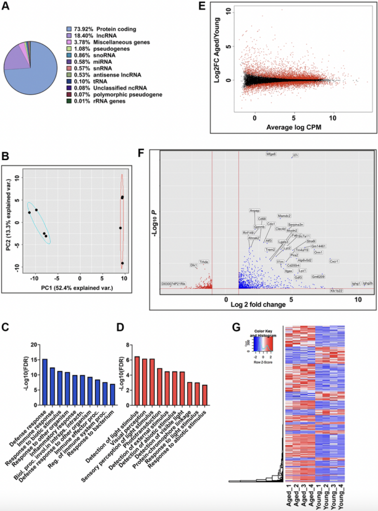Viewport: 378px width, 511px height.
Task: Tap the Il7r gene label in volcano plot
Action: [x=295, y=155]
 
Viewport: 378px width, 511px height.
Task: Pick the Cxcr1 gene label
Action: [x=334, y=261]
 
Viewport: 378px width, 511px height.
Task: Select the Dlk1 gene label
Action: [x=193, y=265]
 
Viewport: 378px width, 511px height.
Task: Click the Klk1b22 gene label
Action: [x=336, y=290]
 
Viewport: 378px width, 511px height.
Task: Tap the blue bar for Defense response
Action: [x=45, y=375]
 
